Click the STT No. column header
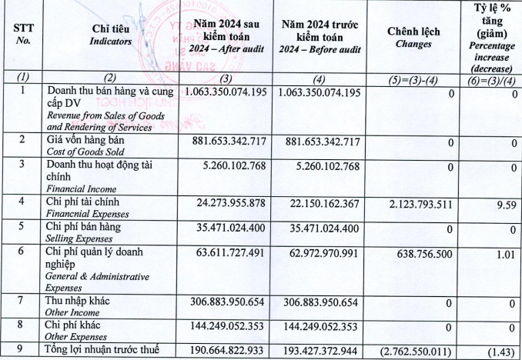23,34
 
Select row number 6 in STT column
23,252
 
